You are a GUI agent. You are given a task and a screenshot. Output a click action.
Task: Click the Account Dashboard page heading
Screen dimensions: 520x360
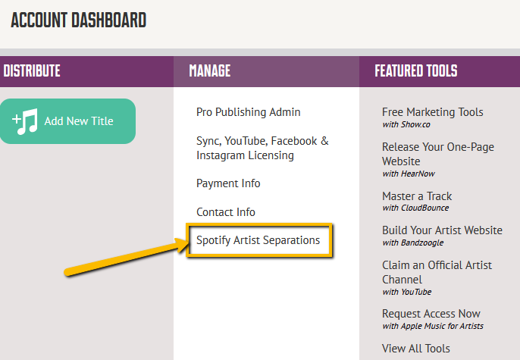(79, 20)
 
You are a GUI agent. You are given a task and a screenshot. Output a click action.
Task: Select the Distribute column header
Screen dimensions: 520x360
(32, 71)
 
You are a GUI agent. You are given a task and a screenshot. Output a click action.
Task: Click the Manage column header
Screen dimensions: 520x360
(209, 71)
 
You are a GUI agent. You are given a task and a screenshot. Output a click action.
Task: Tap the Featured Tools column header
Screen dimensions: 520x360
(416, 71)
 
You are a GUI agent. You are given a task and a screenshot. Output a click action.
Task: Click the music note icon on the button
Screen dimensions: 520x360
(25, 121)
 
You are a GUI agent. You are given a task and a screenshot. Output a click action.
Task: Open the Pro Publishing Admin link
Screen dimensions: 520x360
(249, 112)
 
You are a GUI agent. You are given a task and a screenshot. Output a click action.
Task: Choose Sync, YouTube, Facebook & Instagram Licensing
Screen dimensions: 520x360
(262, 149)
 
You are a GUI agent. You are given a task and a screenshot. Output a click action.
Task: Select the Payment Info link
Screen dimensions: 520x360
(228, 183)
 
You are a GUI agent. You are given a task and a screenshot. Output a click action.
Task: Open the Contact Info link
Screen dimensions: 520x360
(226, 212)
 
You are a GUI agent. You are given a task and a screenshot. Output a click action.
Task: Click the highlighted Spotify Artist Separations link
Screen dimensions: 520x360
(258, 240)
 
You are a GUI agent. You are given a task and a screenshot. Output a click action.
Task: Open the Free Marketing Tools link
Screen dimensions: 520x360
(432, 112)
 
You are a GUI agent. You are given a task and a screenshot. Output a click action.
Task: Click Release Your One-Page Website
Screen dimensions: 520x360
(438, 154)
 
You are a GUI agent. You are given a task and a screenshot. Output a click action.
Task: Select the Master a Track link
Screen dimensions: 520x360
(417, 196)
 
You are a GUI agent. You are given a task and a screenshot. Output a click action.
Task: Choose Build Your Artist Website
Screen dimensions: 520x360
(442, 230)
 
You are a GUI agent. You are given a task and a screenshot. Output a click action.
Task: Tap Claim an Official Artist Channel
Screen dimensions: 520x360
(437, 272)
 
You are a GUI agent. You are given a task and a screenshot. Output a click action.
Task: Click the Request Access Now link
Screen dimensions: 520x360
(431, 314)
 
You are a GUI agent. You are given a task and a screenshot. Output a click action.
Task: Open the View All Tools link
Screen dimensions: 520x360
(416, 349)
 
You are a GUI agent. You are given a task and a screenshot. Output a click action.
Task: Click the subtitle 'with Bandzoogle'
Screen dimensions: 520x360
(413, 243)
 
